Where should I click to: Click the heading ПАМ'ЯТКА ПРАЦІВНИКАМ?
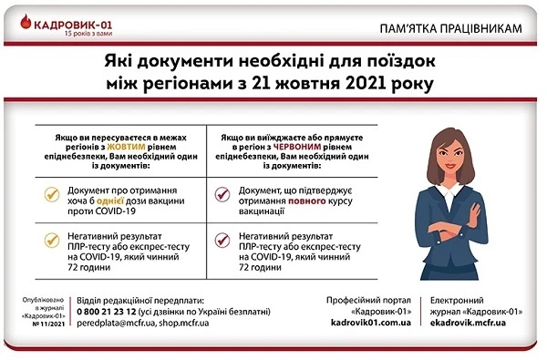click(x=453, y=29)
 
